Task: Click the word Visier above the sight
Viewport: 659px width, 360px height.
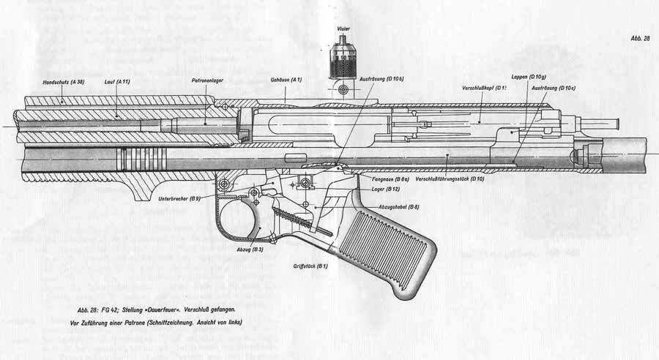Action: pyautogui.click(x=343, y=29)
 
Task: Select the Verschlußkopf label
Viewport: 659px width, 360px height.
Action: pyautogui.click(x=483, y=89)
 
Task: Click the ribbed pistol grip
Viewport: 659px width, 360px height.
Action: pyautogui.click(x=388, y=249)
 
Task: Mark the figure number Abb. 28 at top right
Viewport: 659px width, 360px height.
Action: pyautogui.click(x=639, y=38)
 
